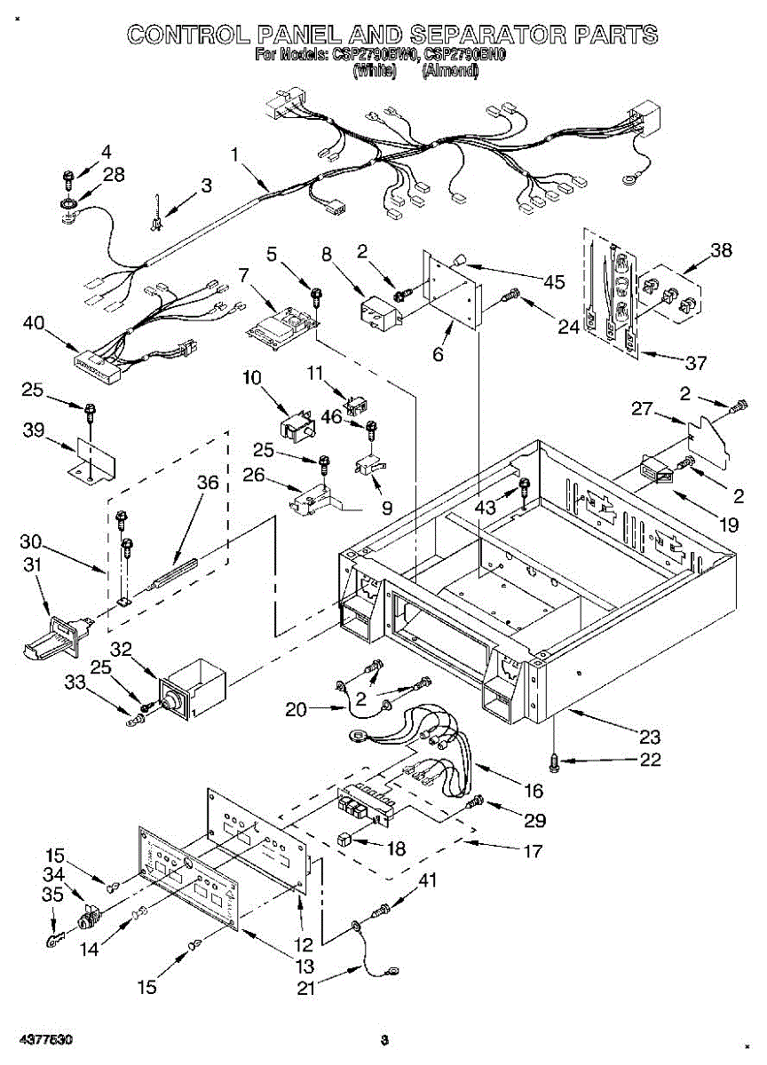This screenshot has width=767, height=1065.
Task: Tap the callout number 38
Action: pos(721,250)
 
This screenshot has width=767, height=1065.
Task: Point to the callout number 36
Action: pos(207,483)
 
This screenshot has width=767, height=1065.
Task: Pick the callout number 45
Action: pos(554,282)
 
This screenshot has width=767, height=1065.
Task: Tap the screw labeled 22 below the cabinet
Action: pos(555,761)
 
